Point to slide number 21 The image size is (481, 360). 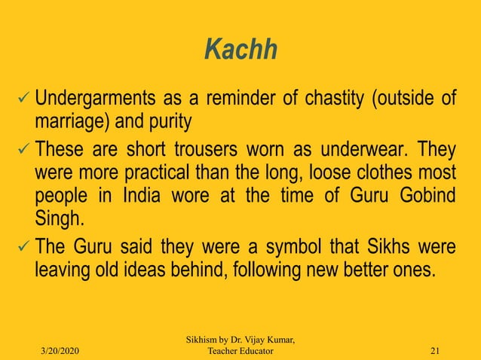click(434, 352)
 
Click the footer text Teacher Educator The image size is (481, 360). click(240, 352)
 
